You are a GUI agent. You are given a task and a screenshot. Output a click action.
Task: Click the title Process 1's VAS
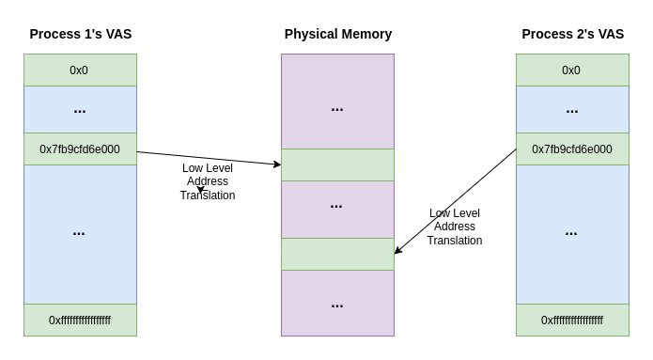[x=80, y=34]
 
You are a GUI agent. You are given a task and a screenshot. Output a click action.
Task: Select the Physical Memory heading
[x=337, y=34]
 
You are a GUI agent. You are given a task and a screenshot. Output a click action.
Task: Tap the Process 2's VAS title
[x=572, y=34]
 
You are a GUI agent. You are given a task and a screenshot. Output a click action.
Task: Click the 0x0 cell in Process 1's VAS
[x=80, y=70]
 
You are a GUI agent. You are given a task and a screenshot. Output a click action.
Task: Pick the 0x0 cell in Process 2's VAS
[x=572, y=70]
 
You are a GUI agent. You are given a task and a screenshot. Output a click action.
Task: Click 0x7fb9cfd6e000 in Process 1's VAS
[x=80, y=149]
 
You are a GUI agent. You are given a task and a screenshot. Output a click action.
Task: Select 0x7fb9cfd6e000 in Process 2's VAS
[x=572, y=149]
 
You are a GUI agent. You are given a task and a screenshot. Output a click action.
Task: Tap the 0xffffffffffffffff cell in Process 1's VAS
[x=80, y=321]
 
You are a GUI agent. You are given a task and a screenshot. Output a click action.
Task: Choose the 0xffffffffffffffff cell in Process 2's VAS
[x=572, y=321]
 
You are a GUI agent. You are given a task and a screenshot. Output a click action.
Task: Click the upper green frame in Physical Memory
[x=337, y=165]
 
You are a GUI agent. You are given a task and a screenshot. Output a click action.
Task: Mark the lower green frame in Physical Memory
[x=337, y=255]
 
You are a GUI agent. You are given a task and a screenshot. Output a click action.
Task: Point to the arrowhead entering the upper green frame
[x=277, y=164]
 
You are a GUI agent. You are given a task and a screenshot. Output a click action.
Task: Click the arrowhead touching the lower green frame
[x=398, y=250]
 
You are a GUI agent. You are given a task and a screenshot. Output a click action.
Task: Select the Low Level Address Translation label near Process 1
[x=208, y=181]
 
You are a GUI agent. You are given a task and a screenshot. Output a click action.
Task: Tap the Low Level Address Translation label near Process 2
[x=455, y=227]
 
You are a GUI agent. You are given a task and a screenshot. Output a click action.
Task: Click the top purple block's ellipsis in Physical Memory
[x=337, y=108]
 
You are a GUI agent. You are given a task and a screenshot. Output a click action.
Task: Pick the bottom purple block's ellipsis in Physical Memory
[x=337, y=304]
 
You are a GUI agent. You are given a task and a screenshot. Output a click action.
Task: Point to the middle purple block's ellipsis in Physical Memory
[x=336, y=205]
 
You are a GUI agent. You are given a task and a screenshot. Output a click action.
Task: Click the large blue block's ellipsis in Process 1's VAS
[x=79, y=232]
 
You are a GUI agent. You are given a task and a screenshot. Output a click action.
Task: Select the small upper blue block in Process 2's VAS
[x=572, y=110]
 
